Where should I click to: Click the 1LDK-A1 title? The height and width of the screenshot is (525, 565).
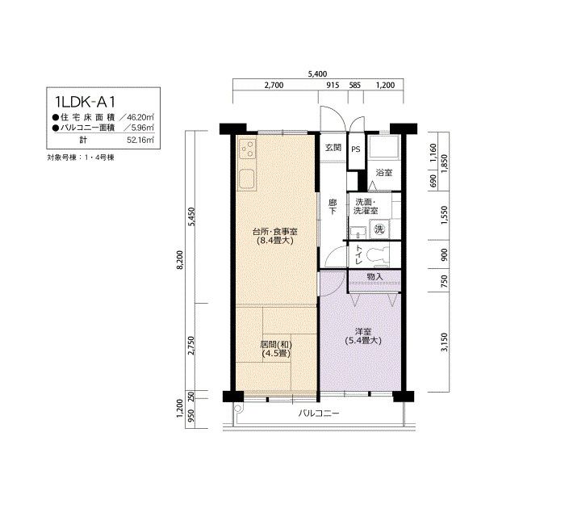pyautogui.click(x=85, y=102)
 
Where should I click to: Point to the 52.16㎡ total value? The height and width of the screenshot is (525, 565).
pyautogui.click(x=140, y=140)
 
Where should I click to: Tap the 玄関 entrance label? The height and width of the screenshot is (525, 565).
pyautogui.click(x=333, y=148)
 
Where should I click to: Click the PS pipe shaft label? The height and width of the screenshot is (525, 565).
pyautogui.click(x=356, y=149)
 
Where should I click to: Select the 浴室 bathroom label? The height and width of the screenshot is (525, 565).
pyautogui.click(x=384, y=172)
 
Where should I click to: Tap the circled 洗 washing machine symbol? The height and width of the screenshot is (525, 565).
pyautogui.click(x=379, y=229)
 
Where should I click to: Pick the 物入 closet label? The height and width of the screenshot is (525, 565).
pyautogui.click(x=375, y=276)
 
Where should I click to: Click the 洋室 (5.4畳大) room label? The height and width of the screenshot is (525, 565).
pyautogui.click(x=363, y=336)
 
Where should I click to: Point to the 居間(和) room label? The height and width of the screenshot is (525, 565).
pyautogui.click(x=276, y=344)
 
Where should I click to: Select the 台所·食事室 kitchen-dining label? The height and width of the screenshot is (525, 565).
pyautogui.click(x=275, y=232)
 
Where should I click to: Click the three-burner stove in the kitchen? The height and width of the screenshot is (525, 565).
pyautogui.click(x=248, y=149)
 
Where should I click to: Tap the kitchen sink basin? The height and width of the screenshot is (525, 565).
pyautogui.click(x=246, y=178)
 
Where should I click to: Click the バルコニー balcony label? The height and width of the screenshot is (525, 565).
pyautogui.click(x=319, y=414)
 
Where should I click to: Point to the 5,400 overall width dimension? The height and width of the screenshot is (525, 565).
pyautogui.click(x=317, y=74)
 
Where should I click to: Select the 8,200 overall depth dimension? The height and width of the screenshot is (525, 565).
pyautogui.click(x=181, y=259)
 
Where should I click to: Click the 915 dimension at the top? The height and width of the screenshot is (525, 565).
pyautogui.click(x=333, y=85)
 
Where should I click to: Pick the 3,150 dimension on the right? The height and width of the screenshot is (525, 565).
pyautogui.click(x=444, y=342)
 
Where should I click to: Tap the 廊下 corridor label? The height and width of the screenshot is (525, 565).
pyautogui.click(x=333, y=207)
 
